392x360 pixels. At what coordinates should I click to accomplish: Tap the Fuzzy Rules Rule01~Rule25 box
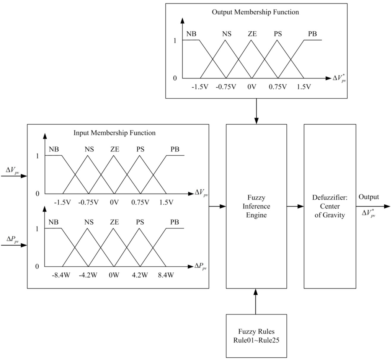[256, 336]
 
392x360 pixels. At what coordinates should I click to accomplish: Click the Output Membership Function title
[255, 12]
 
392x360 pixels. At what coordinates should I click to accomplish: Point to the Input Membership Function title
[114, 133]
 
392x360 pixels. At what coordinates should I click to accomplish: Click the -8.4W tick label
[62, 275]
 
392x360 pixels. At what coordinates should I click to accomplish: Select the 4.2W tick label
[140, 275]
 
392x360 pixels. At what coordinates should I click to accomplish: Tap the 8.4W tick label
[165, 275]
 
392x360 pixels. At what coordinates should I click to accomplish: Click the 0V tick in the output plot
[251, 86]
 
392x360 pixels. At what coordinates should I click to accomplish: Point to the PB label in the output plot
[312, 34]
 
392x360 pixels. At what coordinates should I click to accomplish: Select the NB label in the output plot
[191, 34]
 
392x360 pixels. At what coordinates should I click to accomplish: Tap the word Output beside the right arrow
[369, 197]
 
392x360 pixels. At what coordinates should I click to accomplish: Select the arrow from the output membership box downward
[256, 111]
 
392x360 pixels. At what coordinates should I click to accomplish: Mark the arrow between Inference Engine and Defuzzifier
[295, 207]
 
